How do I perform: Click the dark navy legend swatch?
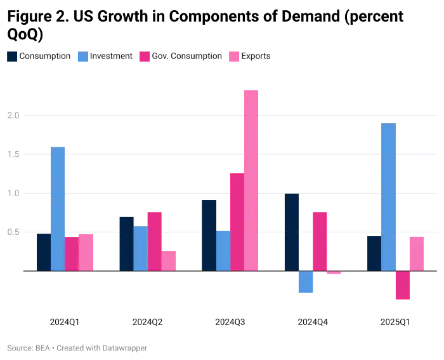point(12,57)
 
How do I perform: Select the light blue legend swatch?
point(83,57)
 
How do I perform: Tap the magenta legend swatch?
point(144,57)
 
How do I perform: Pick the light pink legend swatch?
point(233,57)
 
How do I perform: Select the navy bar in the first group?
point(42,252)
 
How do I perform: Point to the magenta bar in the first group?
point(72,253)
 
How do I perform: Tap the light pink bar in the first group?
point(87,252)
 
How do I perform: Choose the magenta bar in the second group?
point(155,241)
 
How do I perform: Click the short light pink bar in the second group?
point(169,260)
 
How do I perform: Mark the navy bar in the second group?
point(126,243)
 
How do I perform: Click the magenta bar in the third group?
point(236,222)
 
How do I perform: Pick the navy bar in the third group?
point(207,235)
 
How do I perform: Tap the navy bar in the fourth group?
point(292,232)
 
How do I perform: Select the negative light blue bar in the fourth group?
point(306,283)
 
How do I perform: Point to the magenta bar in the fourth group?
point(319,241)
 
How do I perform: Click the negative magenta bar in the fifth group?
point(402,285)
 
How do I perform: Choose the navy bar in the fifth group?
point(373,252)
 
